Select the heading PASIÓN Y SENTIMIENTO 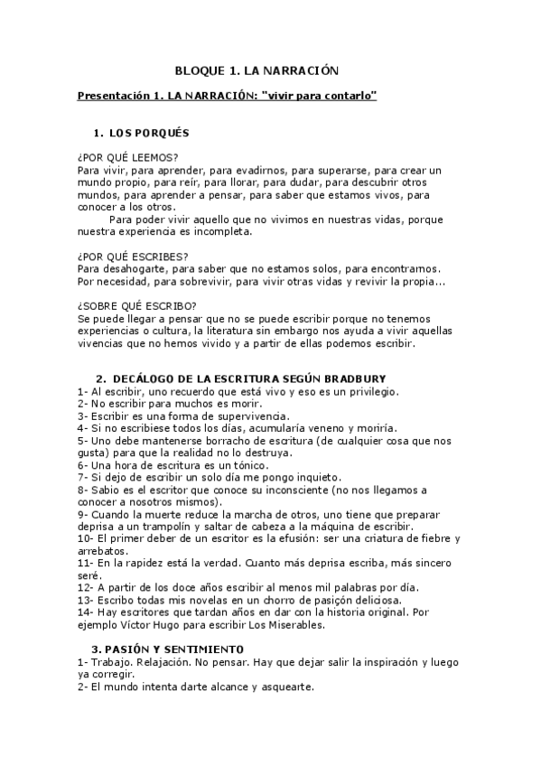pyautogui.click(x=176, y=649)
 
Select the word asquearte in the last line pyautogui.click(x=284, y=687)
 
